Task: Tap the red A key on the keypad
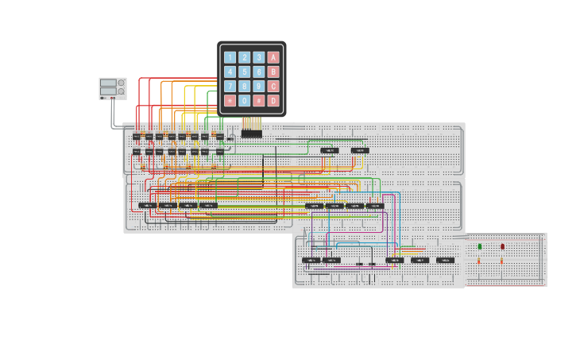(x=273, y=57)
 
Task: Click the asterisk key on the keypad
(x=230, y=101)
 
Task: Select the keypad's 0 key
(x=245, y=101)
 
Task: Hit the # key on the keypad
(x=259, y=101)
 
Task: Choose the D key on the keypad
(x=273, y=101)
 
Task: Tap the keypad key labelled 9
(x=259, y=87)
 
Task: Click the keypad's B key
(x=273, y=72)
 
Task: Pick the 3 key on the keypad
(x=259, y=57)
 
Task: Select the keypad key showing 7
(x=230, y=87)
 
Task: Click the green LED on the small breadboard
(x=480, y=247)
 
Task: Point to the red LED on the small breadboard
(x=502, y=247)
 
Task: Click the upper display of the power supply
(x=108, y=83)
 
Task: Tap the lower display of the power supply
(x=108, y=91)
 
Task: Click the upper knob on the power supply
(x=122, y=83)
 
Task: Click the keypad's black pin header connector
(x=251, y=134)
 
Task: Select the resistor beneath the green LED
(x=479, y=261)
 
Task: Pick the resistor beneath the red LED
(x=501, y=261)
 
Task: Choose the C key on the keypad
(x=273, y=87)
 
